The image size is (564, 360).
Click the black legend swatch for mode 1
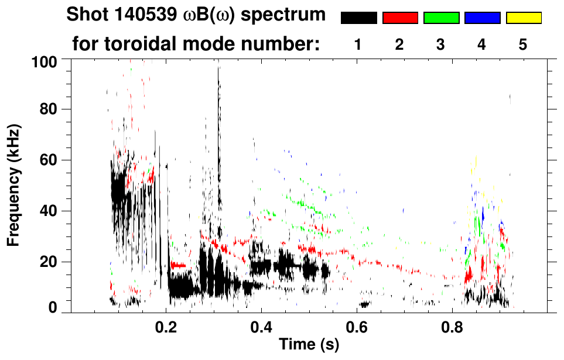(358, 18)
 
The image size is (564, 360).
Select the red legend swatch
(400, 18)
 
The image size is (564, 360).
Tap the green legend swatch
(441, 18)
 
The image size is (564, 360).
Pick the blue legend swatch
(482, 18)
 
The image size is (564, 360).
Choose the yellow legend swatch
(524, 18)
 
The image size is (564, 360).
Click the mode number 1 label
(358, 45)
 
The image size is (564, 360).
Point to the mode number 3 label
(440, 45)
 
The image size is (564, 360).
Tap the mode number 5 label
(523, 45)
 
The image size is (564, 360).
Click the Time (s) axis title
(308, 345)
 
